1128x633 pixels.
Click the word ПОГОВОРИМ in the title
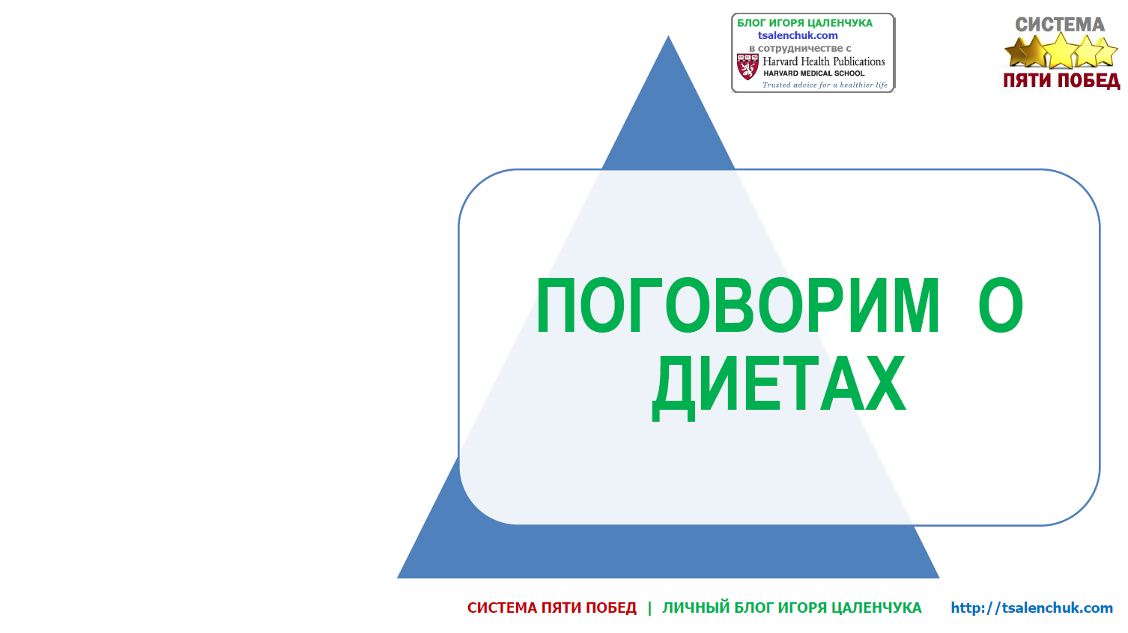click(x=738, y=305)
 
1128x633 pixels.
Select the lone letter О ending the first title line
click(x=1001, y=305)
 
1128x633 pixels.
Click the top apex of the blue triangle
click(x=668, y=35)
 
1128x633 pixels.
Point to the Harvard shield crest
click(x=748, y=67)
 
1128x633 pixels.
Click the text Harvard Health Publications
click(x=824, y=61)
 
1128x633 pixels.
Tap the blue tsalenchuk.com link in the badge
click(x=798, y=35)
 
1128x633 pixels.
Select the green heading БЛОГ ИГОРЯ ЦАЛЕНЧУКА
click(x=804, y=22)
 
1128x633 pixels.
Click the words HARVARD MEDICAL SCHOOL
click(x=813, y=73)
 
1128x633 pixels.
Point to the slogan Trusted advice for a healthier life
click(x=825, y=85)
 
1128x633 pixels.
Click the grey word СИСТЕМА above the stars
click(x=1060, y=25)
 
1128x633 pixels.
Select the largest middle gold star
click(x=1061, y=50)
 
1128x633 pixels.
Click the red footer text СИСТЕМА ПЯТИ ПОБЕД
click(x=552, y=608)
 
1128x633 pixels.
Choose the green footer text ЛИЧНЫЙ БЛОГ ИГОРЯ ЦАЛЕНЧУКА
click(x=792, y=608)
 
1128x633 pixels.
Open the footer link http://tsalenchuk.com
click(x=1032, y=608)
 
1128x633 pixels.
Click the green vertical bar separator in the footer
click(x=649, y=608)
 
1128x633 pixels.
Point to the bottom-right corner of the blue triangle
click(x=939, y=578)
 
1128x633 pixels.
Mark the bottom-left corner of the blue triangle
click(x=397, y=578)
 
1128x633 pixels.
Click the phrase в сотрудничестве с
click(x=800, y=49)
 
